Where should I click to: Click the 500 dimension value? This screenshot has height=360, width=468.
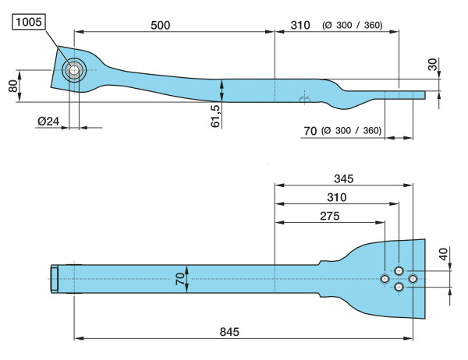[x=159, y=25]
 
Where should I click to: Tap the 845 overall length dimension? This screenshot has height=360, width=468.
[x=229, y=331]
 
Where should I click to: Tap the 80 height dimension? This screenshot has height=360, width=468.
[x=12, y=86]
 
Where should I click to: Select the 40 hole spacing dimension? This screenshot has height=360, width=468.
[x=443, y=253]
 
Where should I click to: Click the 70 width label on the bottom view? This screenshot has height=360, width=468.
[x=179, y=278]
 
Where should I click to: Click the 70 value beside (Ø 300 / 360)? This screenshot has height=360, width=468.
[x=310, y=130]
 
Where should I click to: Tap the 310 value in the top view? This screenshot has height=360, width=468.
[x=300, y=25]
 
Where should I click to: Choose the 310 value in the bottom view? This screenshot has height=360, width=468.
[x=337, y=198]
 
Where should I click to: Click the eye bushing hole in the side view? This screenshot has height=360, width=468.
[x=73, y=71]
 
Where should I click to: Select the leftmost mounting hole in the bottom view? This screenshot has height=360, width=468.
[x=385, y=279]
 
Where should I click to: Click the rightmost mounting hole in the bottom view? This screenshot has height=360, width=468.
[x=413, y=279]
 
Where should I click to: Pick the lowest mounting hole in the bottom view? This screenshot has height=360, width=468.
[x=399, y=288]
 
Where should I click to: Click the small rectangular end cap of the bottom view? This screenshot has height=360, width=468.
[x=55, y=279]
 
